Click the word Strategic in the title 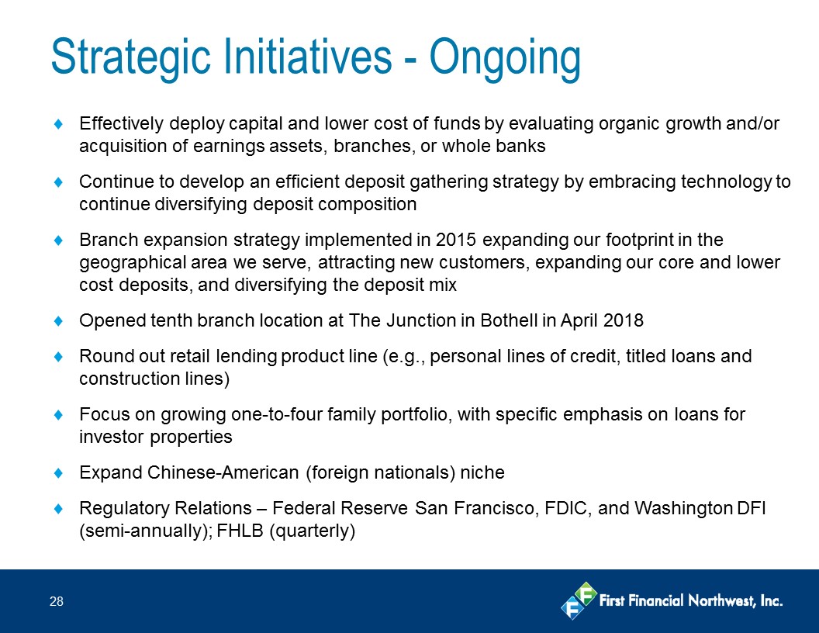pyautogui.click(x=131, y=57)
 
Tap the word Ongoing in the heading pyautogui.click(x=505, y=57)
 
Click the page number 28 pyautogui.click(x=57, y=602)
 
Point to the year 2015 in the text pyautogui.click(x=455, y=240)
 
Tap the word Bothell pyautogui.click(x=509, y=320)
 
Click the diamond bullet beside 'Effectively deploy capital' pyautogui.click(x=58, y=124)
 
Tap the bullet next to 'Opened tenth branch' pyautogui.click(x=58, y=320)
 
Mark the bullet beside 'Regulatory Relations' pyautogui.click(x=58, y=508)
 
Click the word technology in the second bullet pyautogui.click(x=726, y=182)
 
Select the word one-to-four pyautogui.click(x=276, y=415)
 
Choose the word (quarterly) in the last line pyautogui.click(x=312, y=531)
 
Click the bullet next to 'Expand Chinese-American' pyautogui.click(x=58, y=472)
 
